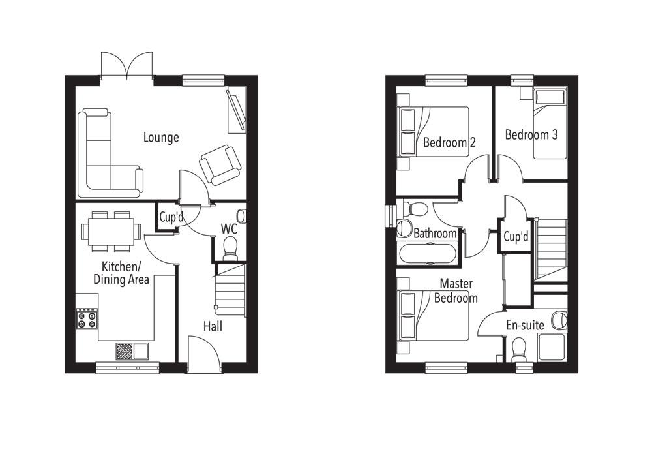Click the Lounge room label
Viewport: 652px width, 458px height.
pos(161,138)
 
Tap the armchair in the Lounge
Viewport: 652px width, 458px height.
pos(220,164)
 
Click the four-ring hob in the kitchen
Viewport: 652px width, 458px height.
pos(87,319)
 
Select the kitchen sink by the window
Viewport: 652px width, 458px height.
pos(132,351)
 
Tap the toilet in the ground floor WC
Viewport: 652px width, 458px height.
pos(230,247)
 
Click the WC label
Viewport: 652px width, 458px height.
pos(229,229)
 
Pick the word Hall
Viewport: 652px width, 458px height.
pos(213,326)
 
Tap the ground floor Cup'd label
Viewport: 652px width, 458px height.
pos(172,217)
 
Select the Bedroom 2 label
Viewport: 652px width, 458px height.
pos(445,142)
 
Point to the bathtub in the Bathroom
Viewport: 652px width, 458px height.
pos(429,253)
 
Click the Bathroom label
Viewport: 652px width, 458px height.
pos(435,233)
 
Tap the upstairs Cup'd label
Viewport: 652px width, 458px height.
pos(516,237)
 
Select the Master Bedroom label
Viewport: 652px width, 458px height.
pos(456,291)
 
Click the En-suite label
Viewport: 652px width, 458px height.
pos(526,324)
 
